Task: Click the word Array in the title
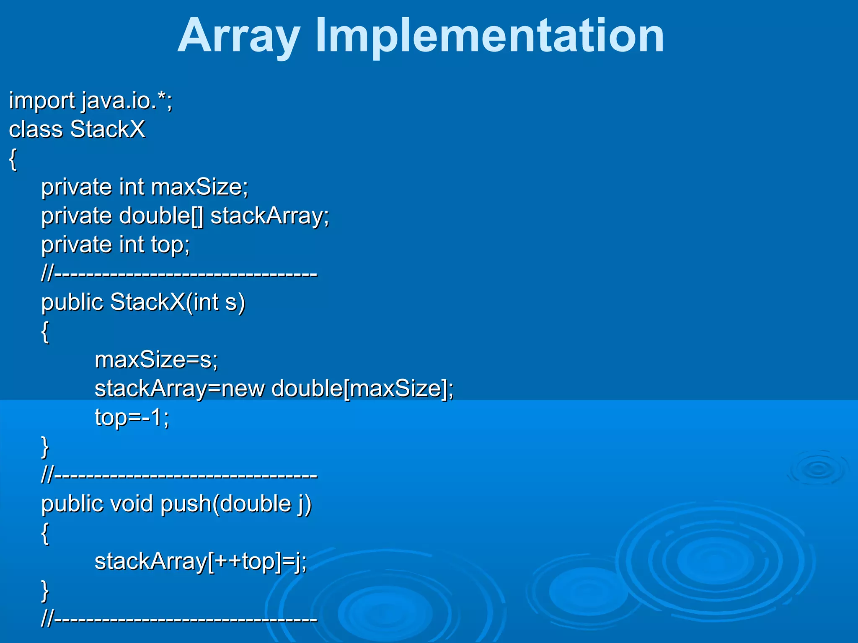[239, 37]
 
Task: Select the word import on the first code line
[42, 101]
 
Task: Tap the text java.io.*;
[127, 101]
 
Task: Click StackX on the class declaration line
[108, 129]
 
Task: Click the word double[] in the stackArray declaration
[161, 216]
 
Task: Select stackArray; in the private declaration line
[269, 216]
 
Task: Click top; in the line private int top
[171, 245]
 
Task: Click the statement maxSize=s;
[156, 360]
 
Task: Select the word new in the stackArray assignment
[243, 389]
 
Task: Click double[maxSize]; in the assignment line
[362, 389]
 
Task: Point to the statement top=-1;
[132, 418]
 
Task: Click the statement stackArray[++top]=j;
[201, 562]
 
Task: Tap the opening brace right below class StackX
[13, 159]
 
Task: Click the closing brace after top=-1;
[45, 447]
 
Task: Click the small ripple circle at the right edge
[818, 469]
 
